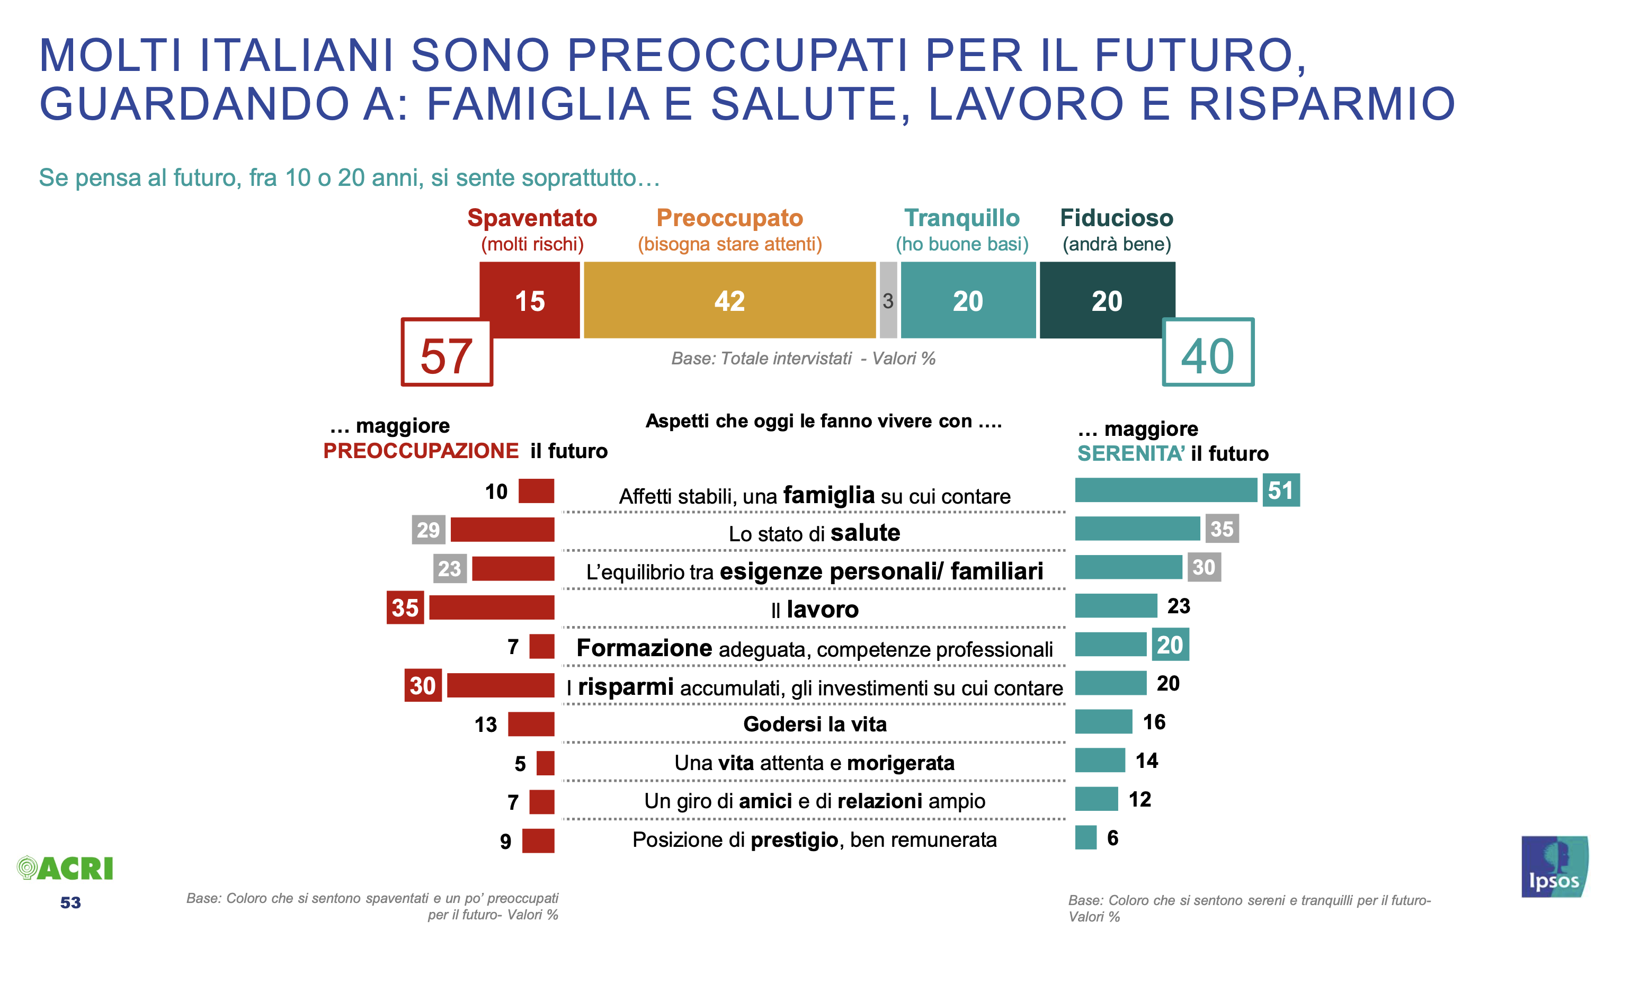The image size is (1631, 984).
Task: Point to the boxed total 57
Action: point(447,353)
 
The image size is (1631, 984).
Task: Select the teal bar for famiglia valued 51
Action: point(1165,490)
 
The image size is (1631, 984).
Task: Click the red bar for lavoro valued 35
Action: point(491,607)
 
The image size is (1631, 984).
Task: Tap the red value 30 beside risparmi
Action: point(422,685)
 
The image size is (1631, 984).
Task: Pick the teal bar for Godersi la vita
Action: point(1103,722)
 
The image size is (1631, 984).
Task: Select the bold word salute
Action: point(864,533)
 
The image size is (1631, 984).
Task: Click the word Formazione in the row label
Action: point(644,648)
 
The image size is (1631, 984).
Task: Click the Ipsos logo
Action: point(1554,867)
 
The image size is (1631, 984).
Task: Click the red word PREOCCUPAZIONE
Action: point(420,451)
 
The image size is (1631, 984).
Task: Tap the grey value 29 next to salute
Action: point(428,530)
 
